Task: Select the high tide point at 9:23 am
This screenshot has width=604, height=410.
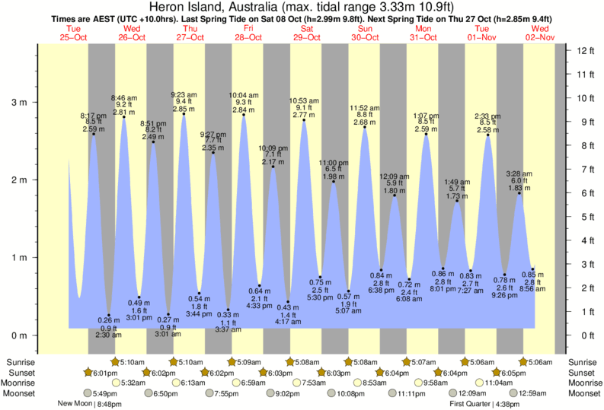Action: point(184,114)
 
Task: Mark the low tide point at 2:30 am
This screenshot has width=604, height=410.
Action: point(109,315)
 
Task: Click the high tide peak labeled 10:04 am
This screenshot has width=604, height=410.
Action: point(244,115)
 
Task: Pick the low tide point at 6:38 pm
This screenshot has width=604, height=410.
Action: point(380,270)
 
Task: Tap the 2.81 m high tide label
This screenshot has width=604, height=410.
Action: point(124,112)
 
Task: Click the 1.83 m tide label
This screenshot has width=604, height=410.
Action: point(519,188)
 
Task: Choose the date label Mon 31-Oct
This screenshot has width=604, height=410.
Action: point(423,32)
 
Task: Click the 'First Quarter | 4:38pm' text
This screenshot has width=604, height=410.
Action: point(481,404)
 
